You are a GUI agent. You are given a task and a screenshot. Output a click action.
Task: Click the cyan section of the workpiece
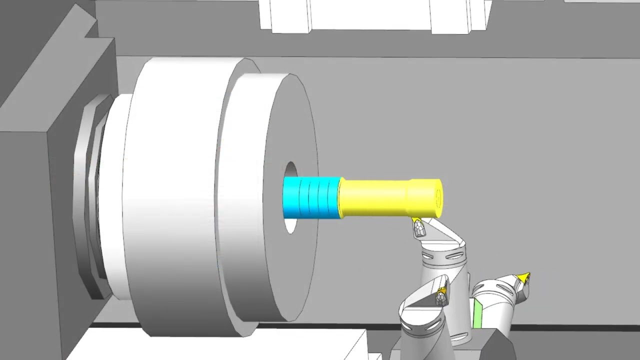[x=311, y=198]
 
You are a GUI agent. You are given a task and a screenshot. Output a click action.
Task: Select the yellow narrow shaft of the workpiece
[x=375, y=198]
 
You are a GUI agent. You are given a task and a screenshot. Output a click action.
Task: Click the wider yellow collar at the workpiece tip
[x=424, y=198]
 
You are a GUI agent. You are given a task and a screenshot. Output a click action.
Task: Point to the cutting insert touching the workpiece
[x=418, y=228]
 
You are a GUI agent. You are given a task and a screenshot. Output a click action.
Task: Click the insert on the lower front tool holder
[x=441, y=296]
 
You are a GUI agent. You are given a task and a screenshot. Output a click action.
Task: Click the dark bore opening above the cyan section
[x=290, y=169]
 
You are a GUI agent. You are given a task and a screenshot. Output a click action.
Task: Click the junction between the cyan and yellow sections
[x=340, y=198]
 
